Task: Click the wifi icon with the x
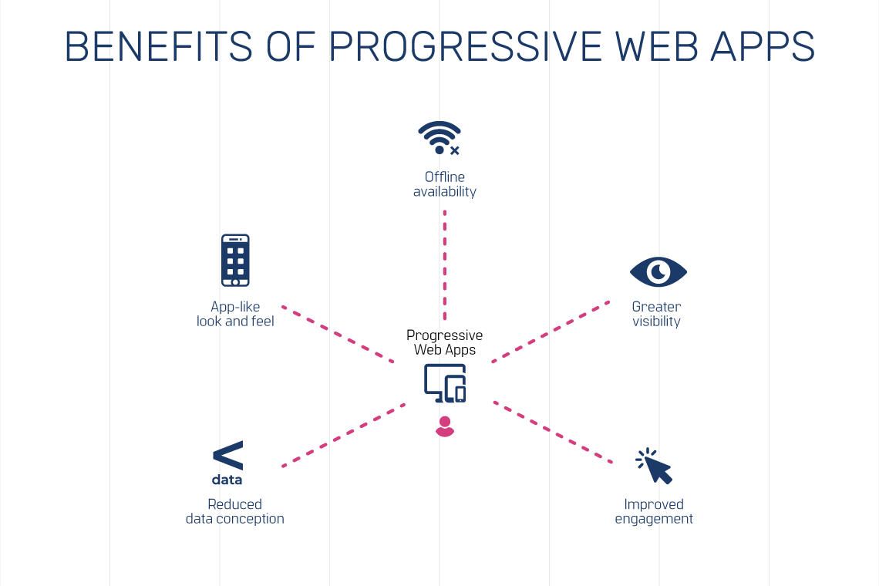439,138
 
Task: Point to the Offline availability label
445,184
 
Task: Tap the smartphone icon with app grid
235,261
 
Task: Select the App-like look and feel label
235,314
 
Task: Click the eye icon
658,271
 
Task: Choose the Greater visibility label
656,314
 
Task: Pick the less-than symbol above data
227,456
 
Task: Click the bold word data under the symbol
227,480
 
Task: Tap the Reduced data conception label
235,511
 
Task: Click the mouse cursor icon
655,466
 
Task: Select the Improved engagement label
654,511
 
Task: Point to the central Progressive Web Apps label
445,342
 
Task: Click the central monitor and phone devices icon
445,383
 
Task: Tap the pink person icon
445,426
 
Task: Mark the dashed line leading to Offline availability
445,262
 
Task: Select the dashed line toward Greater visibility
550,332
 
